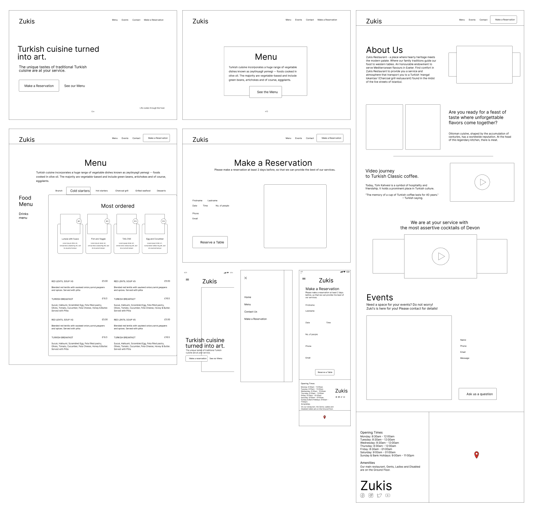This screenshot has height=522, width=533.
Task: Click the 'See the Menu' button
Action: coord(267,92)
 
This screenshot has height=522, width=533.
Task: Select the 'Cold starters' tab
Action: coord(80,191)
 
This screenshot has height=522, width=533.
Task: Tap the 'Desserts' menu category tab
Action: coord(161,191)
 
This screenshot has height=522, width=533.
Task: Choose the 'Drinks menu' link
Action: coord(23,216)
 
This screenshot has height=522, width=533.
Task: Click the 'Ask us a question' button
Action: coord(479,394)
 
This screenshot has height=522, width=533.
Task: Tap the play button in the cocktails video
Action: coord(441,257)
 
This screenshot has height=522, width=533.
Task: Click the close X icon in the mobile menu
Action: coord(246,278)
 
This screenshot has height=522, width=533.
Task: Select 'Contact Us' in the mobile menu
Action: coord(251,312)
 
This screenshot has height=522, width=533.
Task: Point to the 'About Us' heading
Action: coord(384,50)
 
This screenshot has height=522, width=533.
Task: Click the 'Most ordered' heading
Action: coord(118,206)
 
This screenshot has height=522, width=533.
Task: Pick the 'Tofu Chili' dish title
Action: coord(126,239)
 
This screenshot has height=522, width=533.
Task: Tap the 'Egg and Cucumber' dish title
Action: coord(155,239)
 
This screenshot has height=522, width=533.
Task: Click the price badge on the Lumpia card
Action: coord(79,221)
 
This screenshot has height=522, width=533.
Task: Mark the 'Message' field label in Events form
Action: coord(464,358)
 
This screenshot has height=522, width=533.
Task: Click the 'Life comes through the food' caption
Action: coord(152,108)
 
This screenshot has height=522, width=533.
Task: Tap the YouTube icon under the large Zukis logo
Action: coord(388,495)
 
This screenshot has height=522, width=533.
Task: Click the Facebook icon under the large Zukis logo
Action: coord(363,495)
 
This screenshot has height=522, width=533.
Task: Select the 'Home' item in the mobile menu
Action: coord(248,297)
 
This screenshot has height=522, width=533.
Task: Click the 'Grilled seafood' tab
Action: coord(143,191)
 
